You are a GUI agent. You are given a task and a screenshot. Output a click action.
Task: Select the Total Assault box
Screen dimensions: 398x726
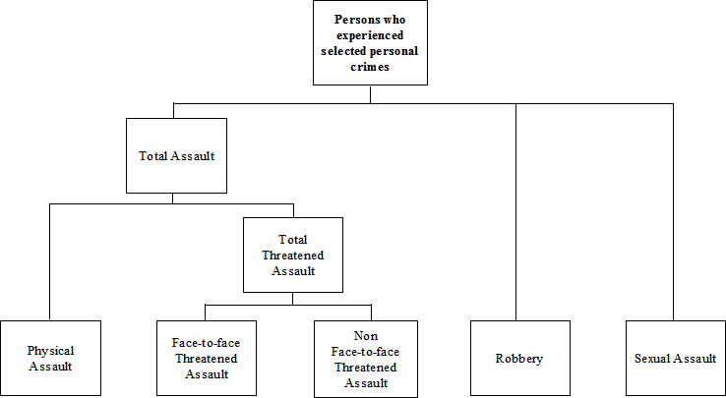pyautogui.click(x=177, y=155)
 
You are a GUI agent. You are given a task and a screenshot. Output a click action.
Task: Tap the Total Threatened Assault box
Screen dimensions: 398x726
pyautogui.click(x=293, y=255)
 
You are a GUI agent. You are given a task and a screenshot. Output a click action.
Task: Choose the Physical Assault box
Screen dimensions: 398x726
pyautogui.click(x=51, y=358)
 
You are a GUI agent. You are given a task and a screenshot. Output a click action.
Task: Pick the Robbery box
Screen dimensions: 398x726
pyautogui.click(x=519, y=358)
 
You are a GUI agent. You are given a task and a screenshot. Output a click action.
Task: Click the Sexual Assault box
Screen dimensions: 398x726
pyautogui.click(x=675, y=358)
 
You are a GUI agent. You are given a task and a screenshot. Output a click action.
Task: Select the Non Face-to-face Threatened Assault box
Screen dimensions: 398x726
pyautogui.click(x=364, y=358)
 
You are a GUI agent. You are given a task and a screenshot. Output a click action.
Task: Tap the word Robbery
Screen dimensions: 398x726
pyautogui.click(x=519, y=359)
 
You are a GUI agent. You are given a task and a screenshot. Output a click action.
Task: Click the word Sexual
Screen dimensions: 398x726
pyautogui.click(x=654, y=359)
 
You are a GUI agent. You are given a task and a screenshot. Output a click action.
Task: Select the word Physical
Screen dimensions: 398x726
pyautogui.click(x=51, y=351)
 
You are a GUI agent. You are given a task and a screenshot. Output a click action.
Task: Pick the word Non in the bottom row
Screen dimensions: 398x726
pyautogui.click(x=364, y=335)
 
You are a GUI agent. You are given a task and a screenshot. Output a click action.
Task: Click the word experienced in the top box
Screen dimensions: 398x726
pyautogui.click(x=371, y=34)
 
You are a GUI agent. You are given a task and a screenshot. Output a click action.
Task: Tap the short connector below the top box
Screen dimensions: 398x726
pyautogui.click(x=371, y=93)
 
